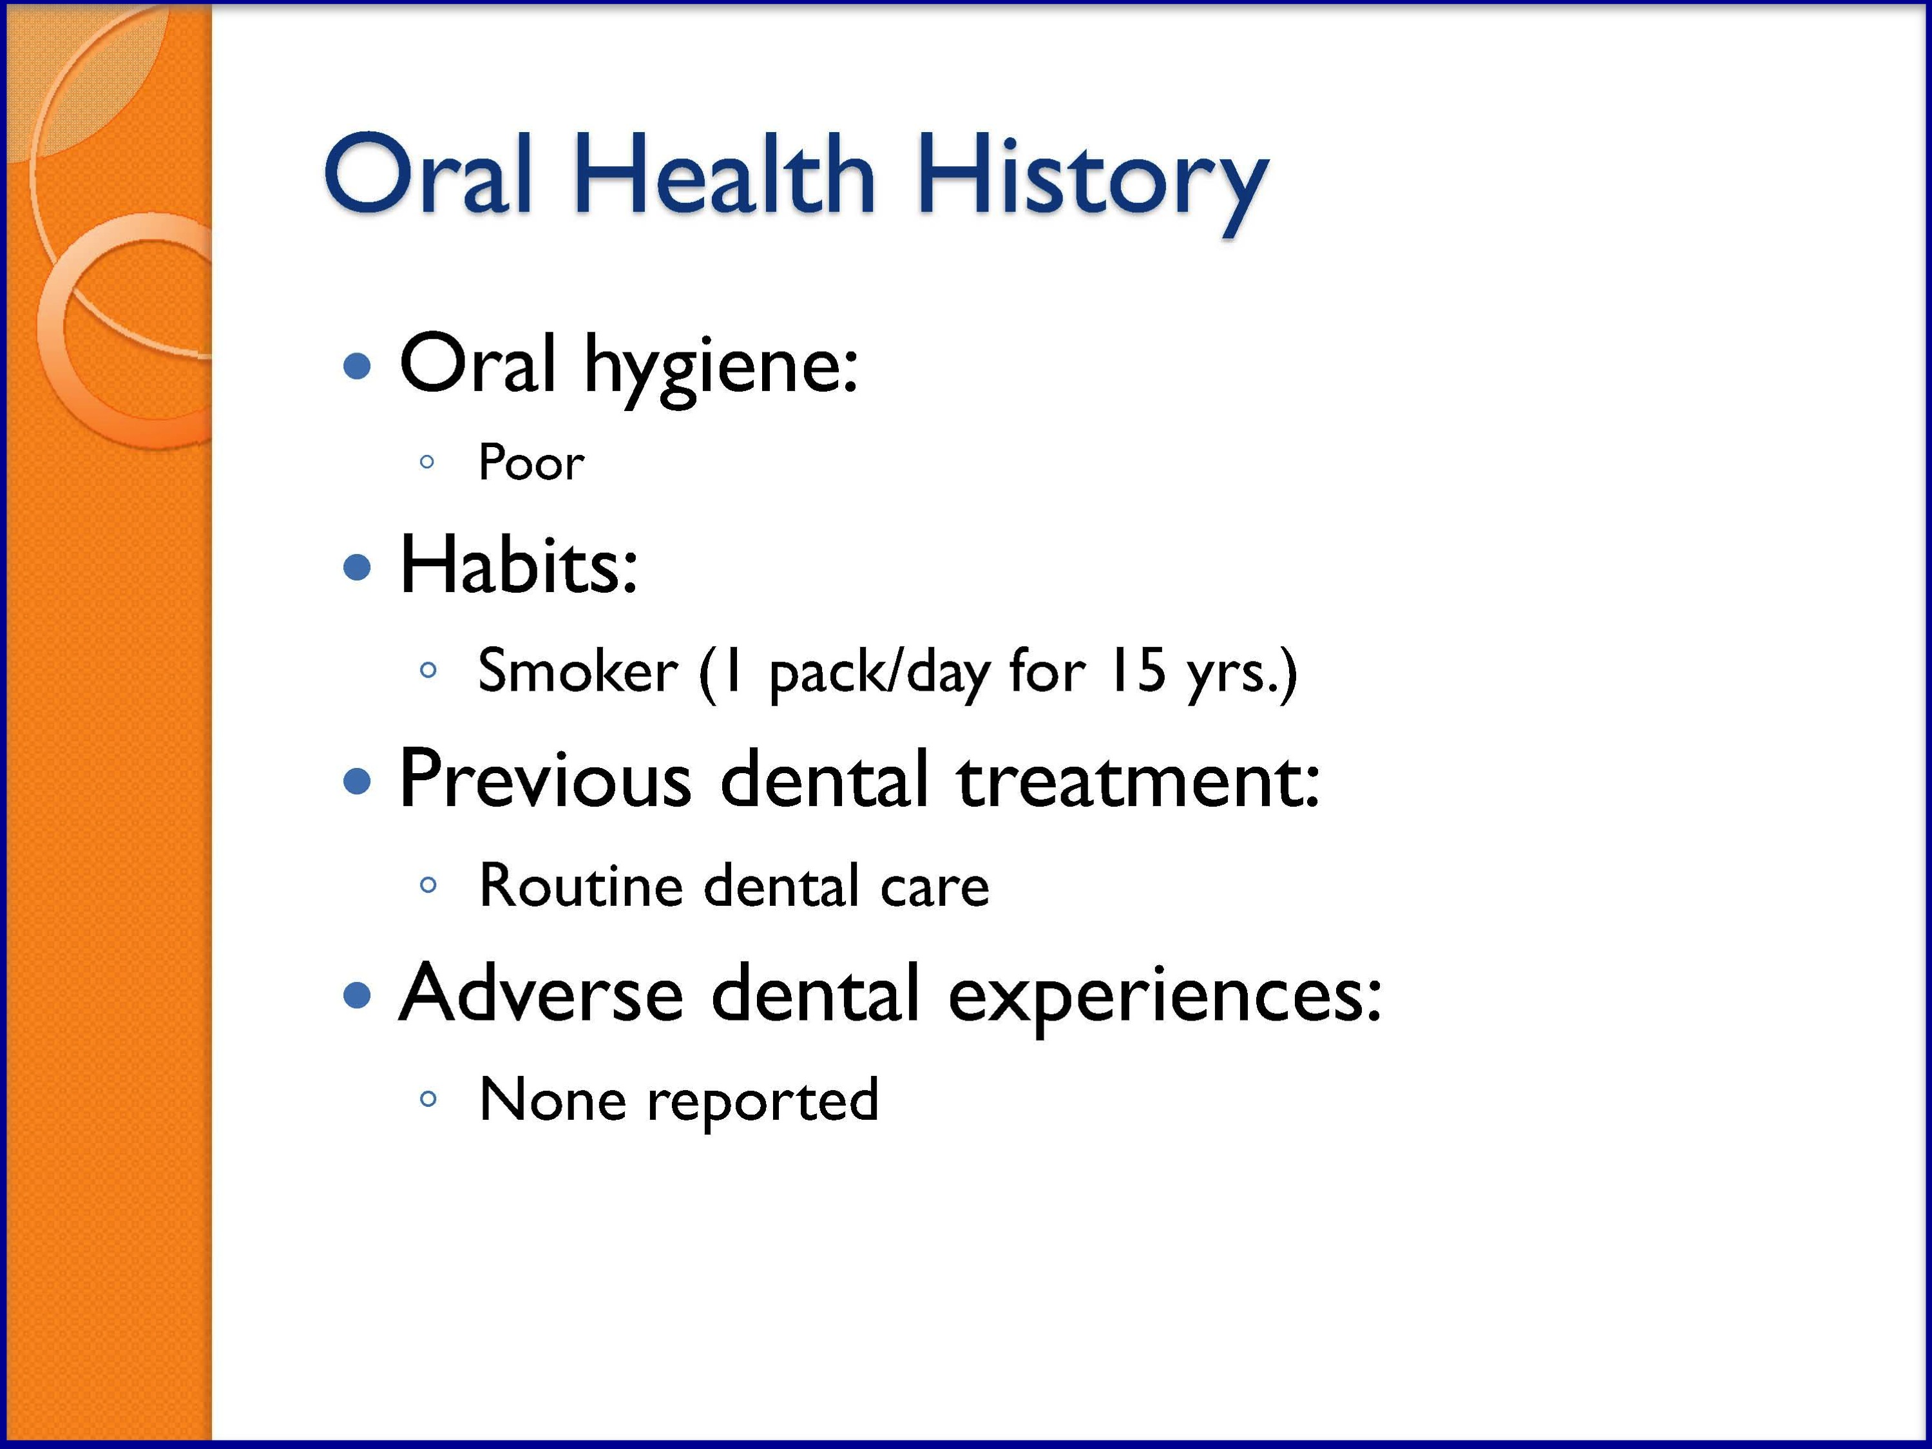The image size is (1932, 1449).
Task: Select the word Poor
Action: (x=531, y=462)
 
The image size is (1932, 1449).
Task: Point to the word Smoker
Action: (x=577, y=671)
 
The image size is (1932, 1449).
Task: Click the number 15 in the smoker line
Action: (x=1136, y=671)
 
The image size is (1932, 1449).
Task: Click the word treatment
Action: (x=1137, y=780)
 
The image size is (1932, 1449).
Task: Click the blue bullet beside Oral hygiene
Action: (x=358, y=366)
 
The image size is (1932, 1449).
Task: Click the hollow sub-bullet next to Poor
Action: (x=427, y=462)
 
